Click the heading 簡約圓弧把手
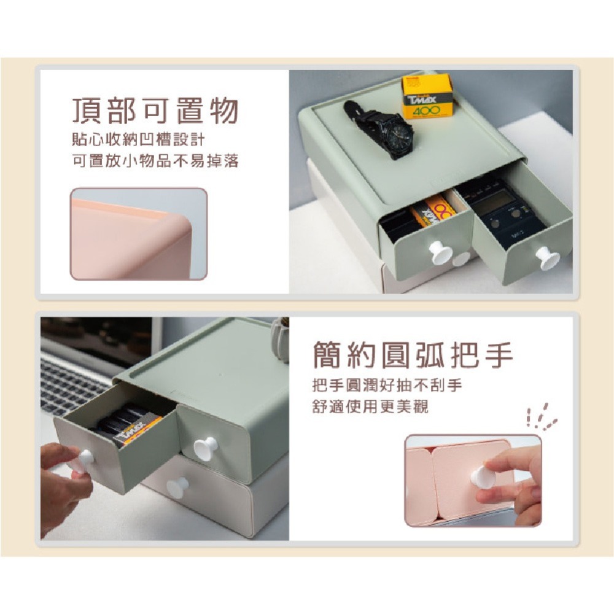pos(413,356)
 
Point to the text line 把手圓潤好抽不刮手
pos(387,386)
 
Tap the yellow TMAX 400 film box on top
pos(427,96)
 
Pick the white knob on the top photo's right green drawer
pos(547,258)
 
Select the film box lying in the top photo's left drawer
pos(433,212)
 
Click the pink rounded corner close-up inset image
pos(138,234)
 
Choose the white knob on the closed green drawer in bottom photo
pos(205,448)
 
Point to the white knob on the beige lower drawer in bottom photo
pos(177,487)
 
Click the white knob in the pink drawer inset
pos(483,477)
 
